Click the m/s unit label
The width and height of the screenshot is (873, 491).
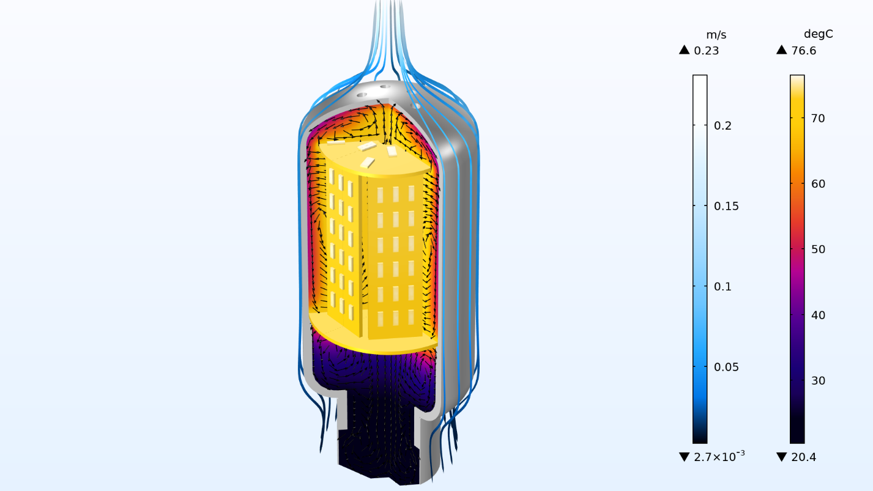point(716,35)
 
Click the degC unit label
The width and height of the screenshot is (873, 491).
point(819,34)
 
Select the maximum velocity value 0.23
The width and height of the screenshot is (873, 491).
point(706,51)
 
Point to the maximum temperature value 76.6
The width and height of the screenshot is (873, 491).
point(804,51)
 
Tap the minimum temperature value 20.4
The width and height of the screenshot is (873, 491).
point(804,457)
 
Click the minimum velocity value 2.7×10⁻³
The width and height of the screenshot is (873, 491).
point(719,456)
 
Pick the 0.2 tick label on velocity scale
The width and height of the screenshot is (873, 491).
point(723,125)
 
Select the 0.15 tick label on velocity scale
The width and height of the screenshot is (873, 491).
point(726,206)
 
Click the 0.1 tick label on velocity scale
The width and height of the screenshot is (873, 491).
point(723,286)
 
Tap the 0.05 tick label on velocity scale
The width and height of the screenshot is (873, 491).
point(726,367)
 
